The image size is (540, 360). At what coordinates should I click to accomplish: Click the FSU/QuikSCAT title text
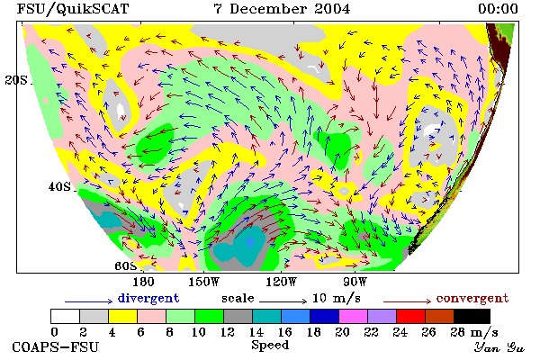tap(73, 9)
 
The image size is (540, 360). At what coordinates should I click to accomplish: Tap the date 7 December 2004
tap(282, 9)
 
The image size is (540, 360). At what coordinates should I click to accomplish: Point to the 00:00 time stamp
tap(498, 9)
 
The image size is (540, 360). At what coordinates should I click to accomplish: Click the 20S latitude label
tap(16, 80)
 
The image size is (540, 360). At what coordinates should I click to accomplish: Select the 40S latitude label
tap(59, 186)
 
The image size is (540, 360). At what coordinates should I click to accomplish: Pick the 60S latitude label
tap(126, 266)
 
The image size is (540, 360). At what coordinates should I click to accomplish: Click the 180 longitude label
tap(143, 282)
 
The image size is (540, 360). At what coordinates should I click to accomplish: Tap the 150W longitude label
tap(204, 282)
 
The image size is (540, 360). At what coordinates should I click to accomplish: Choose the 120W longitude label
tap(281, 282)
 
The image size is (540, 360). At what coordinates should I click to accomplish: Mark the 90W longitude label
tap(355, 282)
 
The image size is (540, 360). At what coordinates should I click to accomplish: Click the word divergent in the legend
tap(148, 298)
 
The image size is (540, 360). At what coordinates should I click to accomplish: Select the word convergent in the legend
tap(472, 298)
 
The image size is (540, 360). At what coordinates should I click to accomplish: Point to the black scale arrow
tap(283, 301)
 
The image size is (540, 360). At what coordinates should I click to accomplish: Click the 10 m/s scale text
tap(337, 298)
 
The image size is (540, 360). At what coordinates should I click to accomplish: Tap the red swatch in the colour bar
tap(410, 316)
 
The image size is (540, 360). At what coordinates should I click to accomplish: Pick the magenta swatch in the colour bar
tap(353, 316)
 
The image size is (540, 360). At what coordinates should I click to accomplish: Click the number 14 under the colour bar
tap(256, 332)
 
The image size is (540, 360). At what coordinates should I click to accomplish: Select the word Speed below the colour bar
tap(270, 346)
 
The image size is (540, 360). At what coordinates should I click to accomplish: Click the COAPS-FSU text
tap(55, 347)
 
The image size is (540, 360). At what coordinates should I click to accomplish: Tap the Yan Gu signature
tap(499, 347)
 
